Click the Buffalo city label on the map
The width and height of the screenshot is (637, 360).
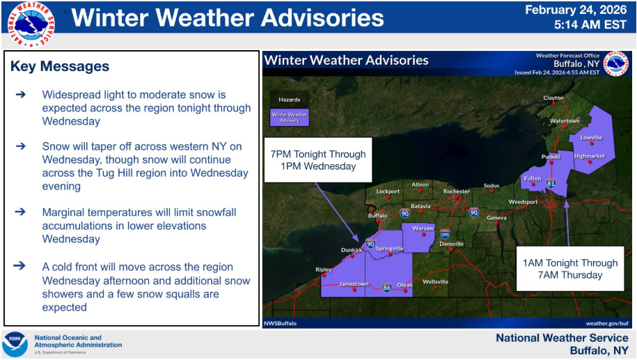[377, 215]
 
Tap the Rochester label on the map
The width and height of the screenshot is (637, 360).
[456, 191]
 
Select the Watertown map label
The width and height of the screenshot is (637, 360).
[565, 120]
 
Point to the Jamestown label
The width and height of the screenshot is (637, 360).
[354, 284]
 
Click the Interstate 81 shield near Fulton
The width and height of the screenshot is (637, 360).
[551, 182]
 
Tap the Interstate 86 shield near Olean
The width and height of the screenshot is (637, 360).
[387, 288]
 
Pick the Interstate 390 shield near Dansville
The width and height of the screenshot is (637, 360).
[445, 234]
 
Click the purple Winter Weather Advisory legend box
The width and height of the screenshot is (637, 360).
[290, 117]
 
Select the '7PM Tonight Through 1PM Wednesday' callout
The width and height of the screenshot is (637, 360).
[318, 160]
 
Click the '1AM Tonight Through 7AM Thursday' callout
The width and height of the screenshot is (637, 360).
[570, 269]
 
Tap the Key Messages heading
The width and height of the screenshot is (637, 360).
[60, 66]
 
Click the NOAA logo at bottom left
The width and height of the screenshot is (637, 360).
[15, 344]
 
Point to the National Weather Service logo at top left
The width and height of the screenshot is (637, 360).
[31, 24]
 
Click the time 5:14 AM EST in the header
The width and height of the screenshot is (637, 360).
[590, 25]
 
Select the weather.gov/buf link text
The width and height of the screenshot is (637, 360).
[607, 323]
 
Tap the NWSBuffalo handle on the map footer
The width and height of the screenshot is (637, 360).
[280, 323]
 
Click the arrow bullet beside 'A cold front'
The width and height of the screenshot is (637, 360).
[19, 266]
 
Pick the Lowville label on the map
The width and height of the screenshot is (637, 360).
[591, 137]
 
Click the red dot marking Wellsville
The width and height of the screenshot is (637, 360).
[436, 288]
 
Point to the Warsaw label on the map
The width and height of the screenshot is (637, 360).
[423, 228]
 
